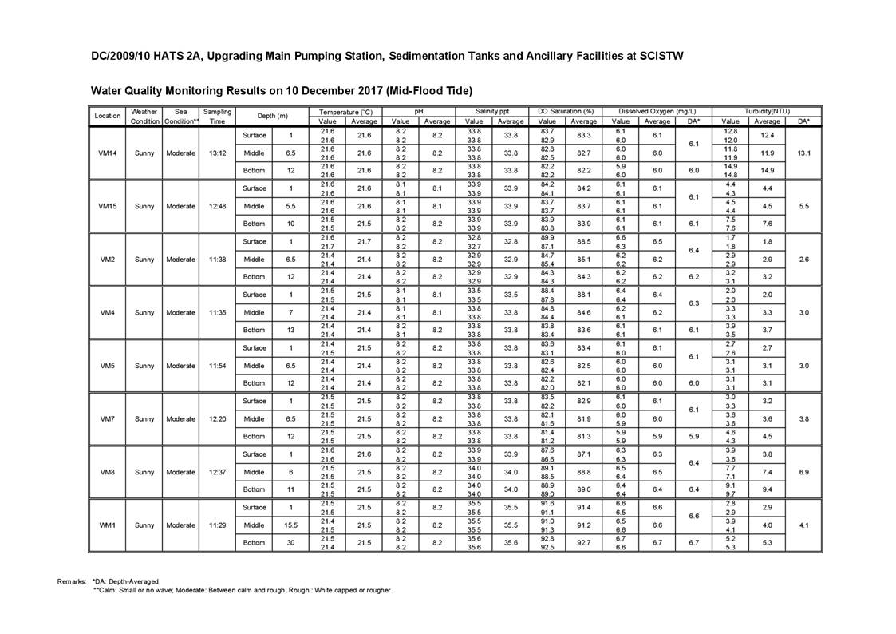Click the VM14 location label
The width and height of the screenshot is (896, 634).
[x=107, y=153]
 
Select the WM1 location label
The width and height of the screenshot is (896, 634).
[x=107, y=525]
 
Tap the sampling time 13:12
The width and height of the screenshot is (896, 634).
[x=217, y=153]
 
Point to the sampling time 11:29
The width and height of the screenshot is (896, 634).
[x=217, y=525]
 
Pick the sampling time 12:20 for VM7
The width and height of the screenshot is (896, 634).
[x=217, y=419]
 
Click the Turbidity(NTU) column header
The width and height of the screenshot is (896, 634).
[x=767, y=111]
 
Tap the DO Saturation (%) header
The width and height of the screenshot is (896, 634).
[x=566, y=111]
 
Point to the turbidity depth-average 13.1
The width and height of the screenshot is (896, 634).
[x=803, y=153]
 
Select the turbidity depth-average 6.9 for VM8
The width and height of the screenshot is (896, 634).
[x=803, y=472]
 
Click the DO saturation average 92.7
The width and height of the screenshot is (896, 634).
[x=584, y=543]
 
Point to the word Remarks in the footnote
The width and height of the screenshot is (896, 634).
[x=71, y=581]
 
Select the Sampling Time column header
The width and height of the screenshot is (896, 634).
[x=217, y=116]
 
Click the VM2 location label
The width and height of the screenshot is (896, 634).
[x=107, y=260]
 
